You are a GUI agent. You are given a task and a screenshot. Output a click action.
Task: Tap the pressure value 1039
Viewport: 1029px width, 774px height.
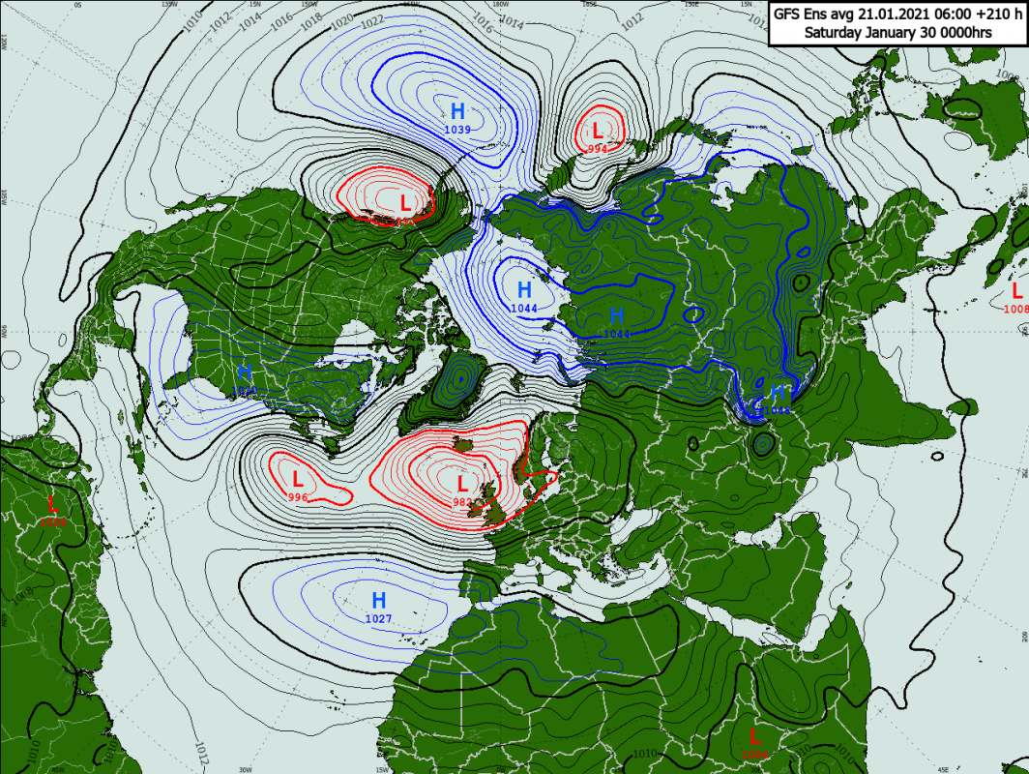[457, 130]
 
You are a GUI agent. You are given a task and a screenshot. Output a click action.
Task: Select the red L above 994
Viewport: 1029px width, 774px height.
[598, 130]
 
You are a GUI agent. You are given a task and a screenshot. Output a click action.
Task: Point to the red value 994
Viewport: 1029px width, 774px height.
[598, 148]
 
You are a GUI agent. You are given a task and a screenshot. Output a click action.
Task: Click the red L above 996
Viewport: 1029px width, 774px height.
[298, 478]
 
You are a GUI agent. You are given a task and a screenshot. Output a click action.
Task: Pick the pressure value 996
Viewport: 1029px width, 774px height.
[298, 497]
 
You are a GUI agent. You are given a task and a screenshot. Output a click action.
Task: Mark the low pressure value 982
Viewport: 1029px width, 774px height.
[463, 502]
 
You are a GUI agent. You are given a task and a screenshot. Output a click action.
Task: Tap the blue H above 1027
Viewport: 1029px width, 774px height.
[379, 600]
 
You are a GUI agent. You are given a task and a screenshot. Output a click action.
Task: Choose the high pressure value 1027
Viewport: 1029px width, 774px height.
[378, 618]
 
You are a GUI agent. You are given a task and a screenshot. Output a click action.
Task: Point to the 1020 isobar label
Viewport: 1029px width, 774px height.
[342, 21]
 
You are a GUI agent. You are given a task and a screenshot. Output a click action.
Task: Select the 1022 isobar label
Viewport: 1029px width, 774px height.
[370, 26]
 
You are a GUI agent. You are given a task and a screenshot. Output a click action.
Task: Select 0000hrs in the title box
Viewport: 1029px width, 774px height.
[961, 32]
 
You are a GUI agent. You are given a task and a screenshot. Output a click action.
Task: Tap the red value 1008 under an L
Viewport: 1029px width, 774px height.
[1015, 309]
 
